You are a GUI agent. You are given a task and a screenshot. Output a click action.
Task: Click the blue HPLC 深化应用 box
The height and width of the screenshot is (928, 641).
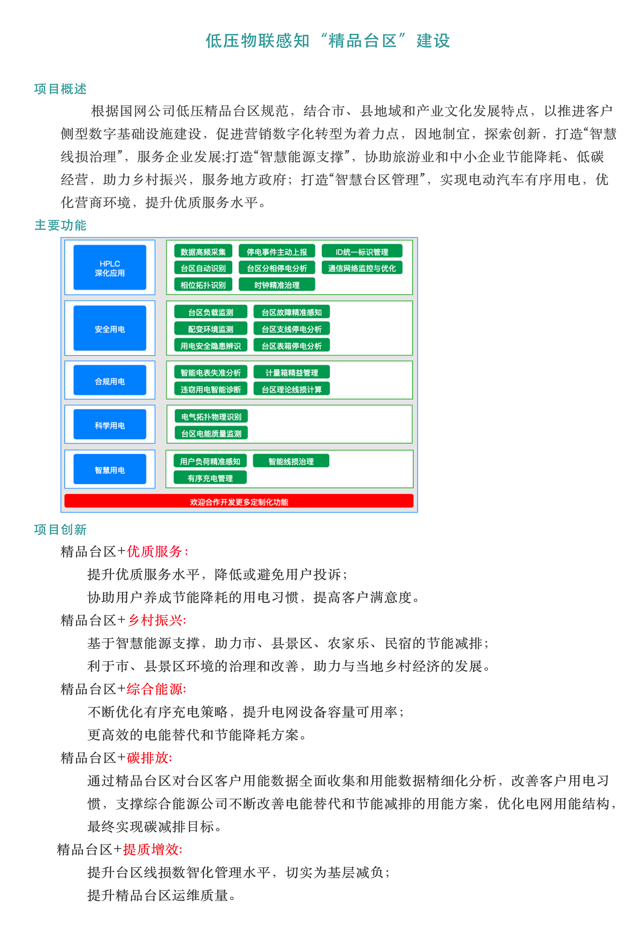point(110,268)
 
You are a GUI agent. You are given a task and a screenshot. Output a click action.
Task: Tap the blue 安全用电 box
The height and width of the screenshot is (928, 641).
point(110,328)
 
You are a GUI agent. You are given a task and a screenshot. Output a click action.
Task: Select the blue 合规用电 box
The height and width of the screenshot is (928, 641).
point(110,380)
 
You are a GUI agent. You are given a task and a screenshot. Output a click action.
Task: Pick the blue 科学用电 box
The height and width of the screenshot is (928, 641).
point(110,425)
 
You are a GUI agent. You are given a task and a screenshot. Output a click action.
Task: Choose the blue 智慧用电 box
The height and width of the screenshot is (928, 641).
point(110,469)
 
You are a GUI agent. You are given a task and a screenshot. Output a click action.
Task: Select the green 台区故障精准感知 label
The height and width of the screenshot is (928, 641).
point(292,312)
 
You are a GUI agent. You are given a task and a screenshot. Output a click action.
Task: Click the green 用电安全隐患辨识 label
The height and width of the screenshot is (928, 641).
point(211,346)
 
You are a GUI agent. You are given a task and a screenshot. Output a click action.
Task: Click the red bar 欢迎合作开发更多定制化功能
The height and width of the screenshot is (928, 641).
point(239,502)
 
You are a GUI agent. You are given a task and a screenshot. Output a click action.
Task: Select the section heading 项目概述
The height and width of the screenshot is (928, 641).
point(60,89)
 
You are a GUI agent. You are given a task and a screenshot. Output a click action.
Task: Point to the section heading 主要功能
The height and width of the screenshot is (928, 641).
point(60,225)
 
